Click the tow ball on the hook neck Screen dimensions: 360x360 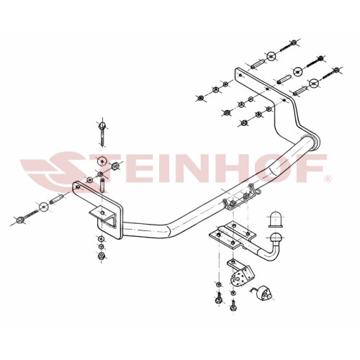point(275,238)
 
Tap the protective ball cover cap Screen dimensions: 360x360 point(275,219)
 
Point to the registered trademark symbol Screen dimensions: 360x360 point(328,179)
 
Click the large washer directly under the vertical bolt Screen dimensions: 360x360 point(102,161)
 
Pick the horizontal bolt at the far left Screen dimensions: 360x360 point(27,216)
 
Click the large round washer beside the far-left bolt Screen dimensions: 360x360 point(43,207)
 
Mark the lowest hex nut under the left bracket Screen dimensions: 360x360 point(102,256)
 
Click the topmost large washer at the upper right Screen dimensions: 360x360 point(271,56)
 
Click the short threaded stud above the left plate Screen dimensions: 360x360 point(102,185)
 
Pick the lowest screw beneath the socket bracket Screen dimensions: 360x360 point(233,305)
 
